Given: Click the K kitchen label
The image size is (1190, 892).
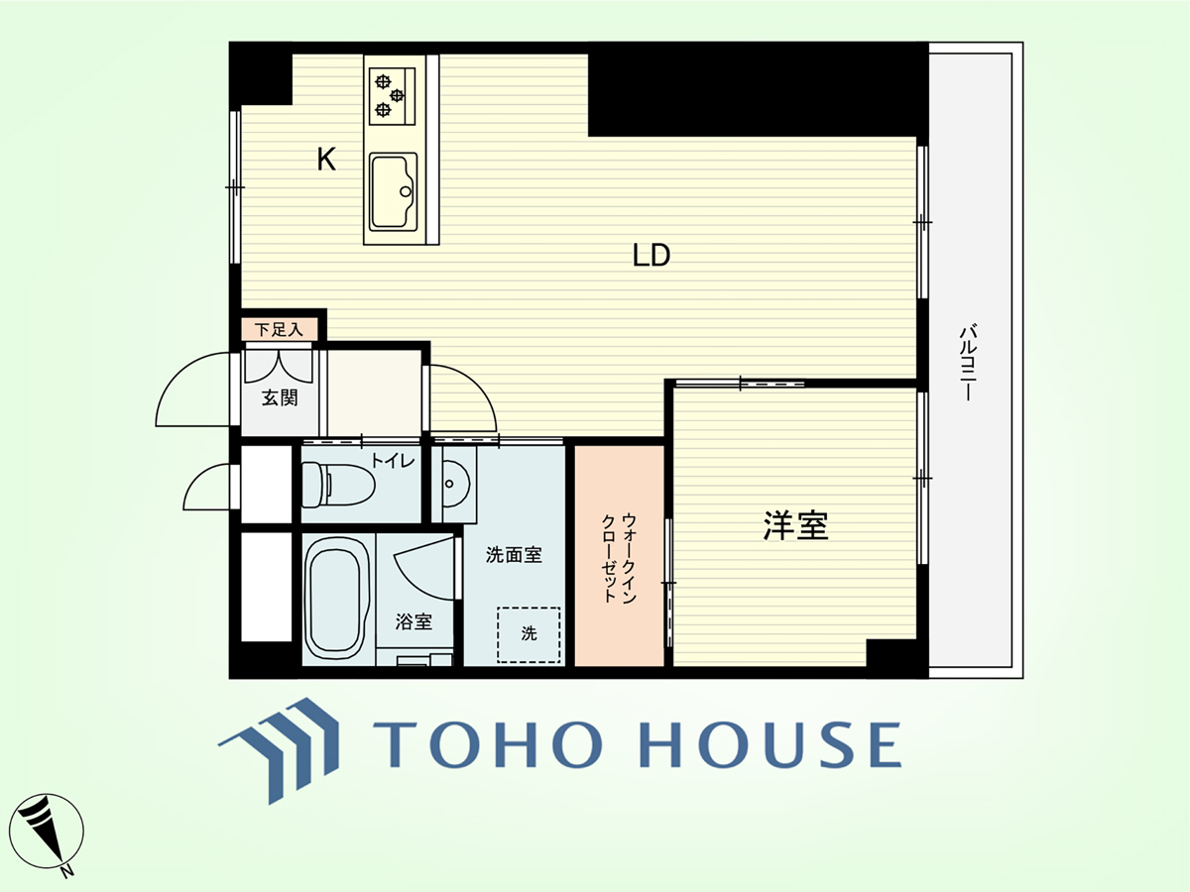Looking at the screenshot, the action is point(326,159).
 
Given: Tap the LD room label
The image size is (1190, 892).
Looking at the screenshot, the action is point(652,255).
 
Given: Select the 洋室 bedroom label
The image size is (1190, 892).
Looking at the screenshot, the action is point(795,525).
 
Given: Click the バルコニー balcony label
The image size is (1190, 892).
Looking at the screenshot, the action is point(968,363).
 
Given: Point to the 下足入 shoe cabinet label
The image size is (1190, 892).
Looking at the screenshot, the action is point(278,329).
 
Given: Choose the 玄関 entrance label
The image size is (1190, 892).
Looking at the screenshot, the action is point(280,398).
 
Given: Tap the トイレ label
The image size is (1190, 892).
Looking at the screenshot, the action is point(392,461).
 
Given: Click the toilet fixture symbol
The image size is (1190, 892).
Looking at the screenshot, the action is point(337,485).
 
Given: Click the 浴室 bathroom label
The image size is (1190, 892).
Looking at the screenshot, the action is point(414,621).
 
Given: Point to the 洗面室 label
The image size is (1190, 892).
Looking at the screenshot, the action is point(514,555).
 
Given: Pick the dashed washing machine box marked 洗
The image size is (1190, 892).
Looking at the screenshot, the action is point(529,634).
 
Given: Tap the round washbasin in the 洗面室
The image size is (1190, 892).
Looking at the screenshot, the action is point(454,484).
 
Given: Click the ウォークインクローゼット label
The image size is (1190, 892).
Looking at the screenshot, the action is point(619,558).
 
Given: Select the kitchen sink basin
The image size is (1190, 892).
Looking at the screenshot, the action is point(393,191).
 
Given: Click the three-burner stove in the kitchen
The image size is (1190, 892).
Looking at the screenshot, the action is point(392,95).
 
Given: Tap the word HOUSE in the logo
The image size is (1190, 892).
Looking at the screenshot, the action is point(771,744).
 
